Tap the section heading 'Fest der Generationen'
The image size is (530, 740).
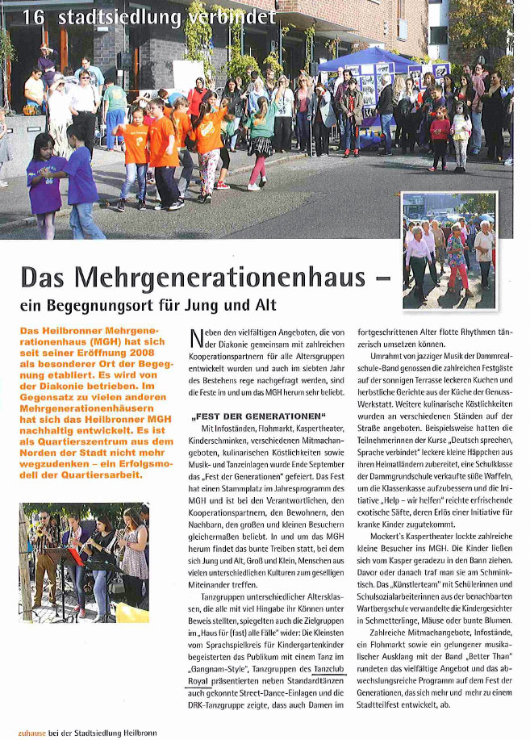click(x=247, y=418)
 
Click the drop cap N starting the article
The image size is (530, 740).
click(x=195, y=337)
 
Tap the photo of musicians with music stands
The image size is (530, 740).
click(x=86, y=556)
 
